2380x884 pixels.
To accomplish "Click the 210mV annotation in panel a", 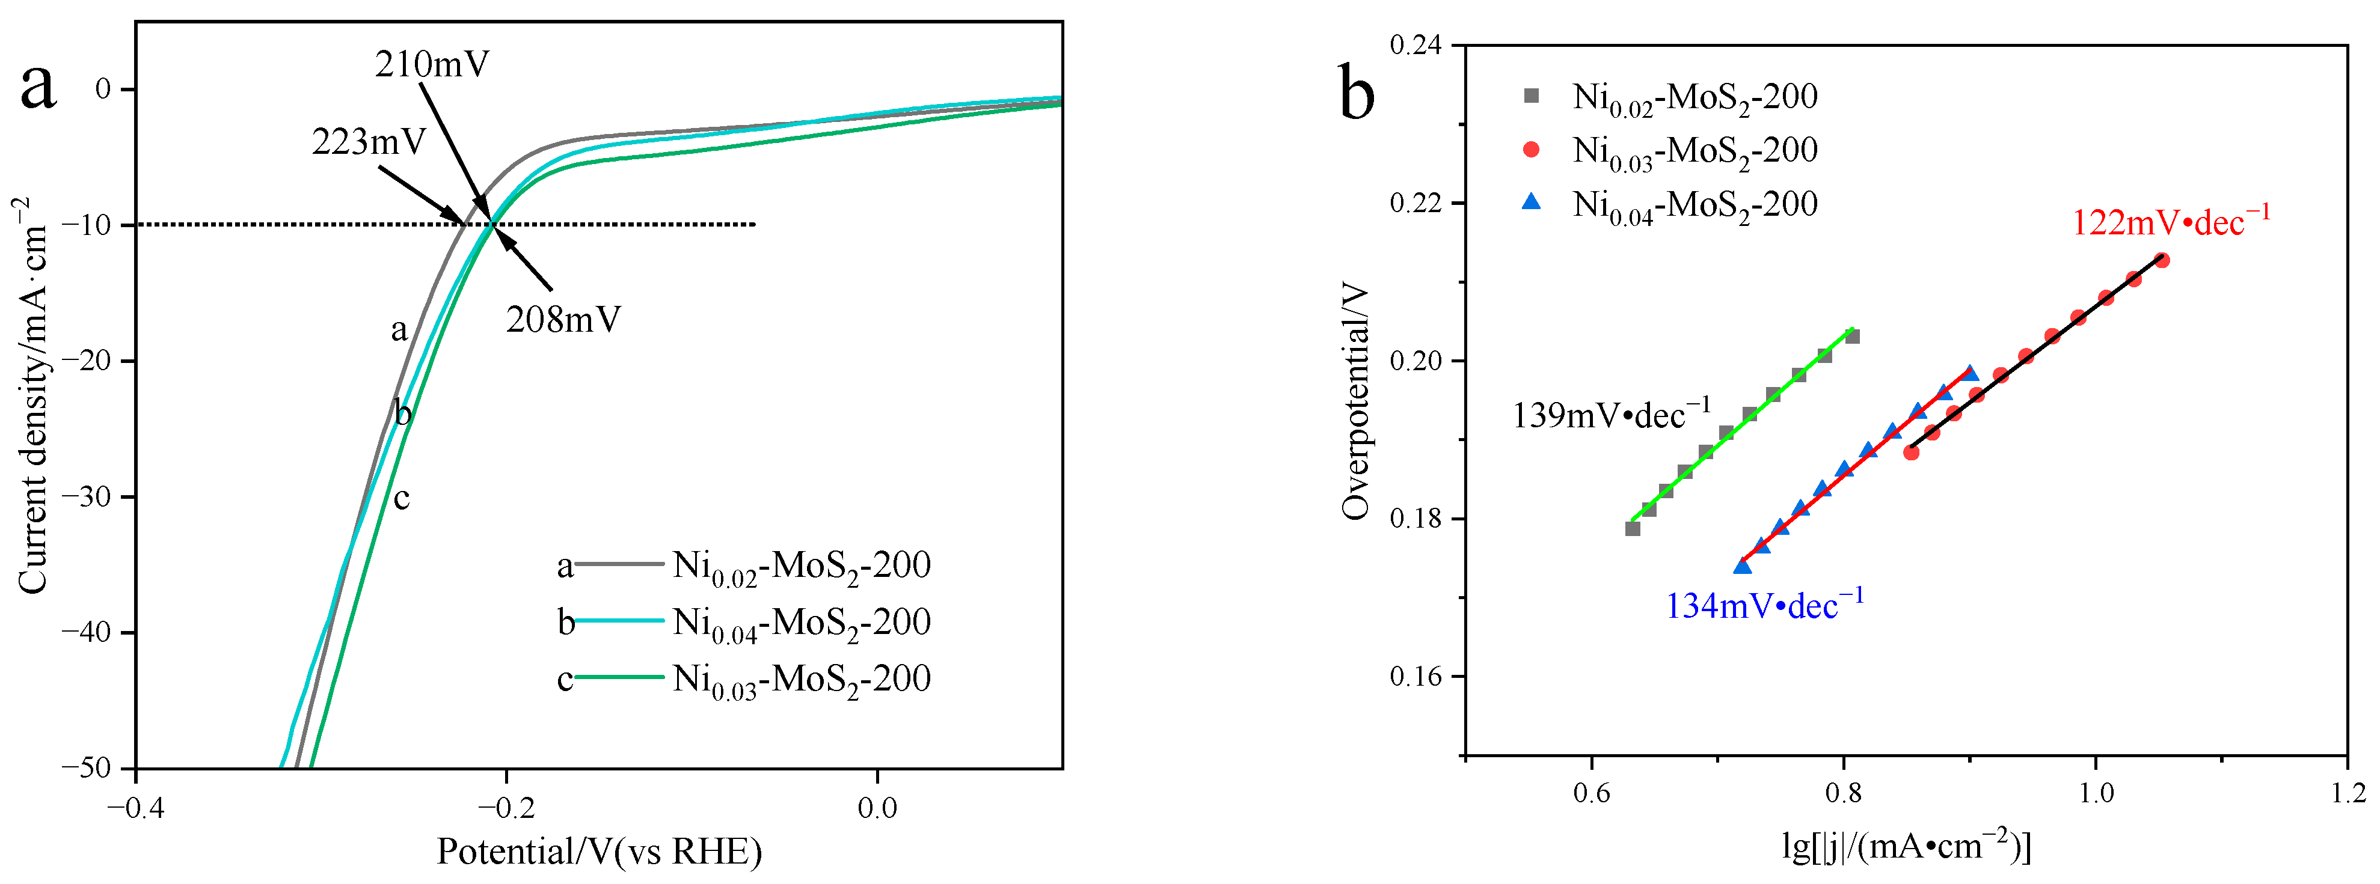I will pos(432,65).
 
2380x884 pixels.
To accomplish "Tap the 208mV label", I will pos(563,320).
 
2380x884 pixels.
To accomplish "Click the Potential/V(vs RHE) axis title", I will pos(599,852).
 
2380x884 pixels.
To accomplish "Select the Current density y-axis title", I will pos(33,395).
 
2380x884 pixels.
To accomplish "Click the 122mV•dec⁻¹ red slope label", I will pos(2170,222).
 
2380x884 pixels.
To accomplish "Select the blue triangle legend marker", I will pos(1531,203).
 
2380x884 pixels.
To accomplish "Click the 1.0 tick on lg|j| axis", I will pos(2096,793).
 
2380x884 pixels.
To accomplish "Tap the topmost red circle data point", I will pos(2161,260).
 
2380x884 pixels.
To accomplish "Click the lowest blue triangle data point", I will pos(1743,566).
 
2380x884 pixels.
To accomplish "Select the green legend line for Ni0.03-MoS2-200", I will pos(619,678).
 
